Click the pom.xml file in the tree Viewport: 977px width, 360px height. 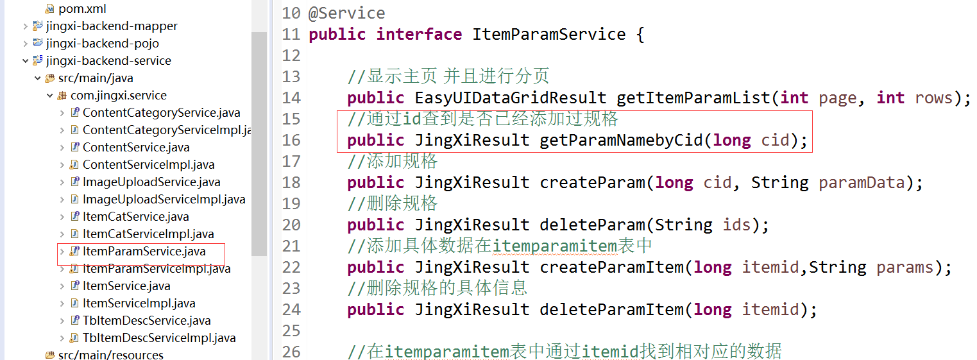point(81,9)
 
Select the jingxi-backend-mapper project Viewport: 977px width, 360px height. point(112,26)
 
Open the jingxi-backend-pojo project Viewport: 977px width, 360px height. point(102,44)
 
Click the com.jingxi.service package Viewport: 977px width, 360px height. point(118,96)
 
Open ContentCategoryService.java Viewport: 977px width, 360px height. point(161,113)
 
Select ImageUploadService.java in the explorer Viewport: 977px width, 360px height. point(151,182)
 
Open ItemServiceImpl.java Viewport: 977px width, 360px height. point(139,304)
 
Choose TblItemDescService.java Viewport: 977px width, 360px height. point(146,321)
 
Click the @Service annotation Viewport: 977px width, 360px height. point(346,13)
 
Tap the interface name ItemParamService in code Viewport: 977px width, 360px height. point(548,34)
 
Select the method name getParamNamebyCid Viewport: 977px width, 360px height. point(621,141)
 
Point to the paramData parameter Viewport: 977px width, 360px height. point(861,183)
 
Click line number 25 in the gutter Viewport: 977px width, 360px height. point(291,331)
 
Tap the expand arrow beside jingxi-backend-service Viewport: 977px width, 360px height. point(26,61)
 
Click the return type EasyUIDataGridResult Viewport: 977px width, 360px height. point(510,98)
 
